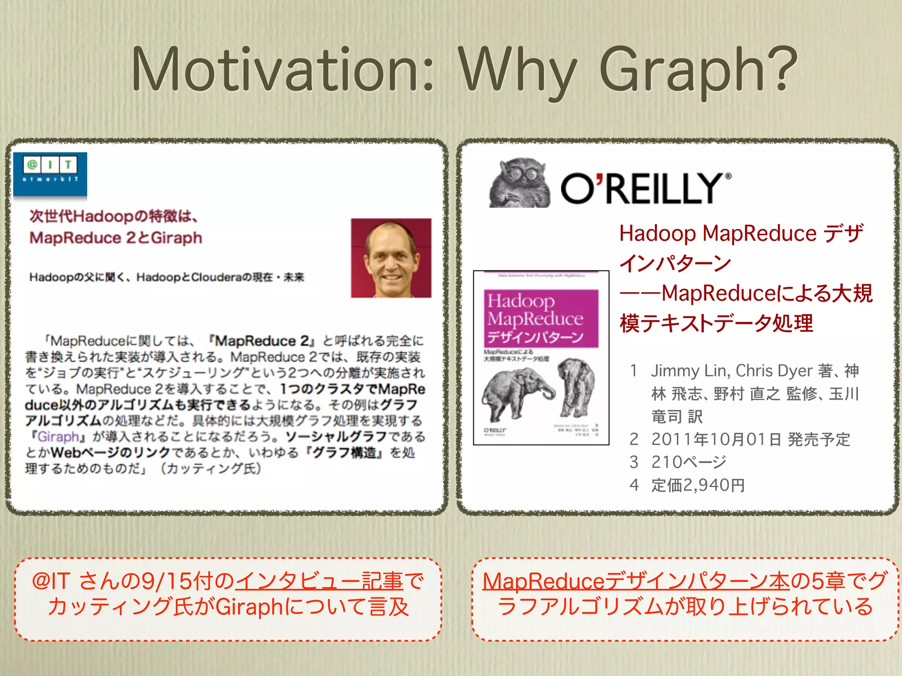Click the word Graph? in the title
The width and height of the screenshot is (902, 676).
[698, 73]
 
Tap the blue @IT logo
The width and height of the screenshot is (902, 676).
[50, 174]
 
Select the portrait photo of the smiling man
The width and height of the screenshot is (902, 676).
[391, 258]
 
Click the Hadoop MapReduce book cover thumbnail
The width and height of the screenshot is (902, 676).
[541, 357]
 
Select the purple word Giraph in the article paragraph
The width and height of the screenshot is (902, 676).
[58, 437]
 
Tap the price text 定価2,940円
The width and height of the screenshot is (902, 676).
[698, 485]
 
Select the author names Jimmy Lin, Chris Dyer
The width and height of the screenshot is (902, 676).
[731, 371]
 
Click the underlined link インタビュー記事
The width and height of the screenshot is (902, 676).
[319, 581]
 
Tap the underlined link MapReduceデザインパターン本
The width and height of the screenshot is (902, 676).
[636, 581]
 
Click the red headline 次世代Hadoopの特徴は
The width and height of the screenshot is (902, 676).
[114, 217]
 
